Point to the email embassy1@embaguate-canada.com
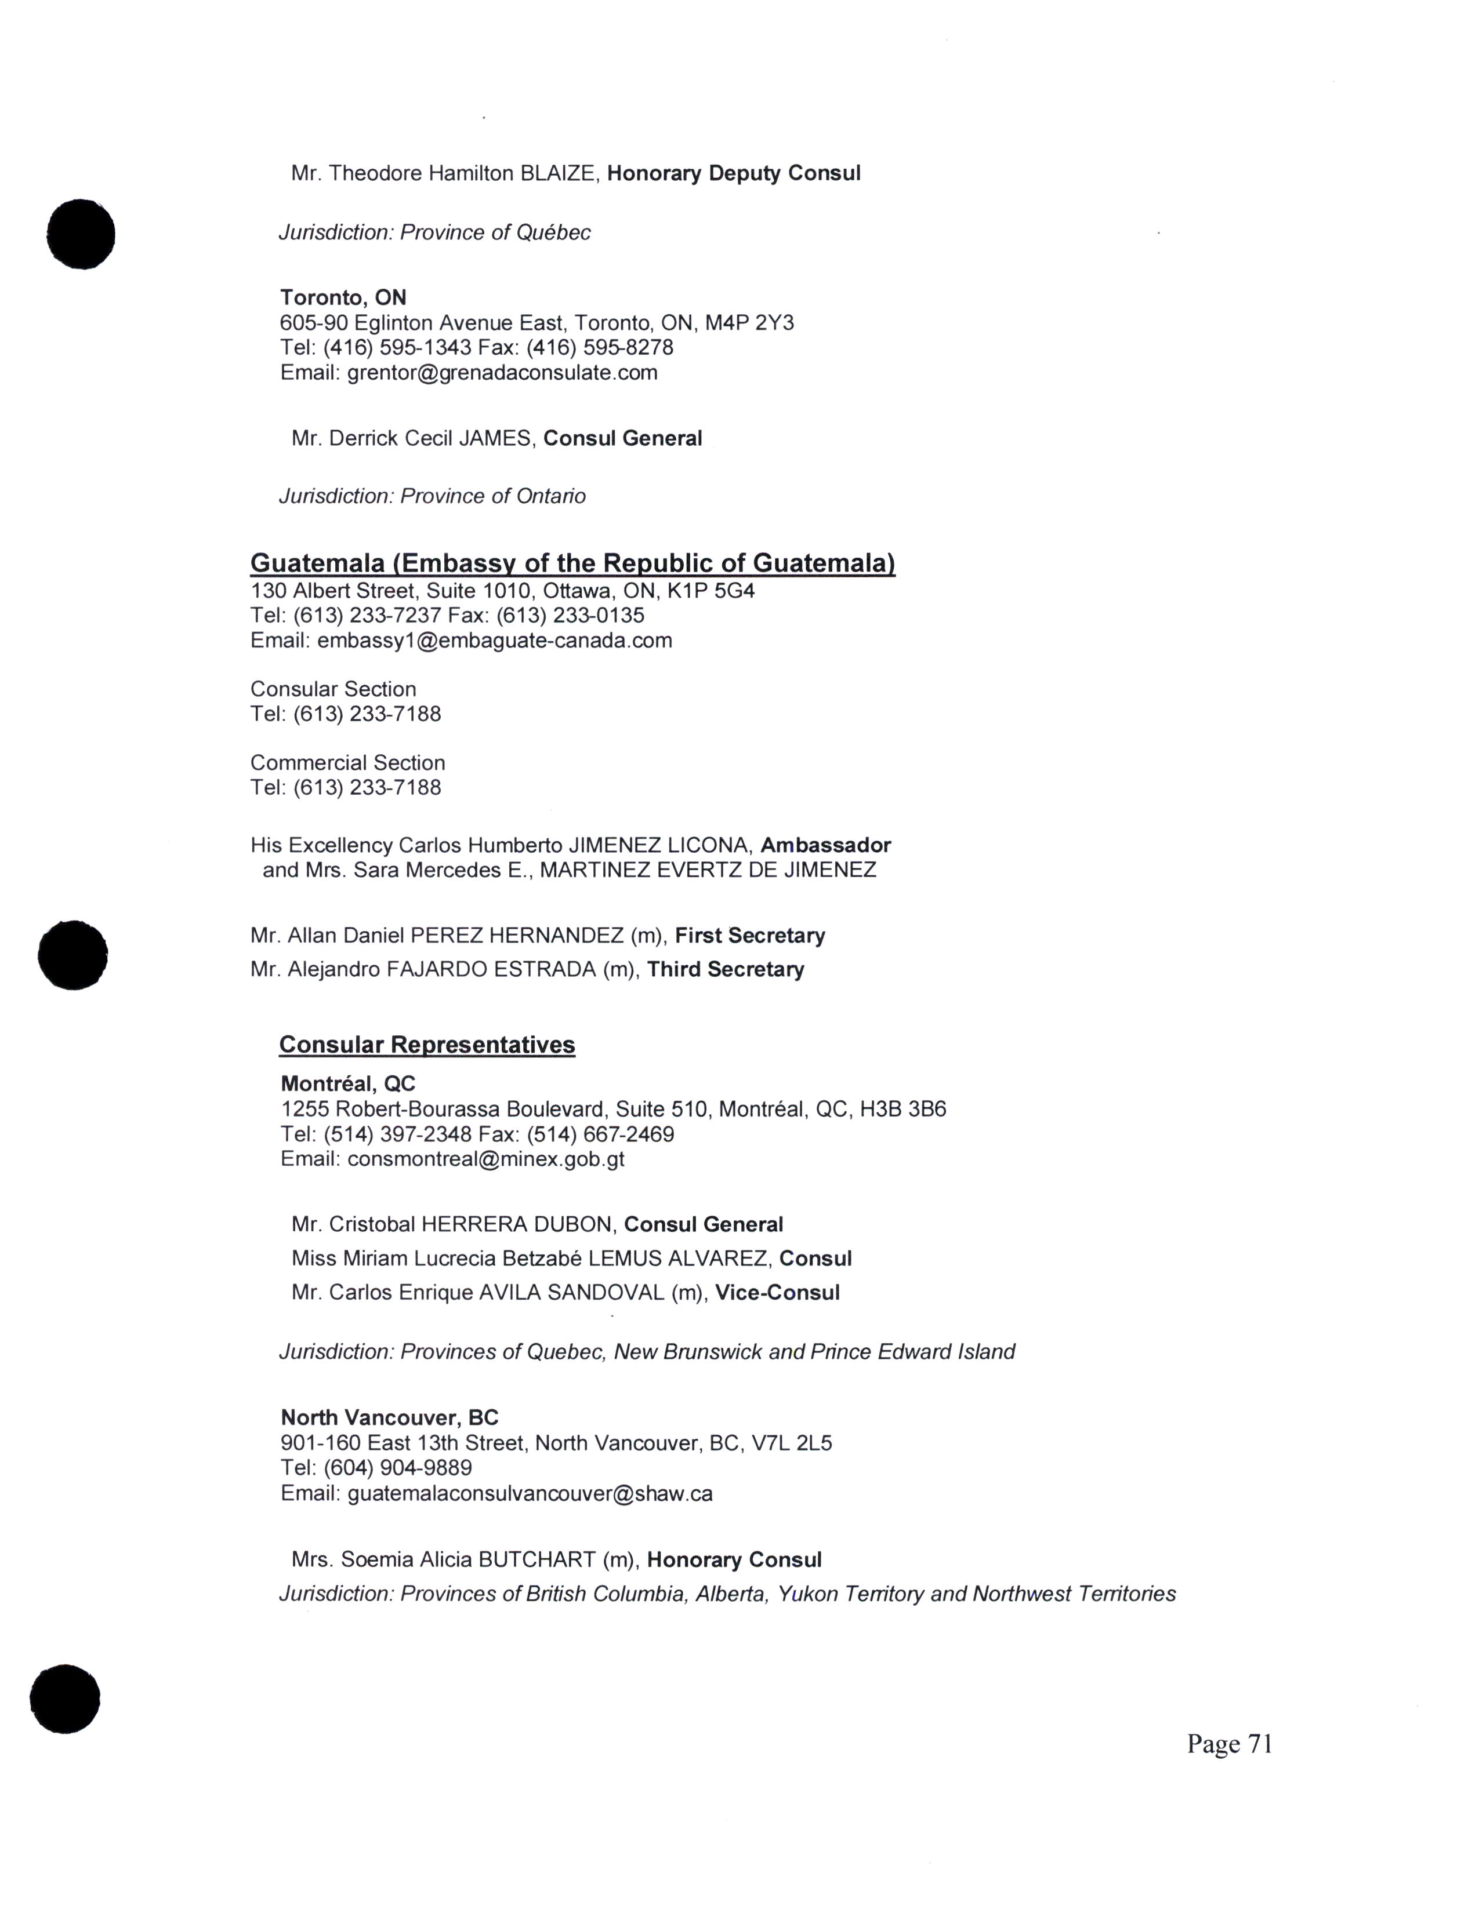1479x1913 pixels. pyautogui.click(x=494, y=641)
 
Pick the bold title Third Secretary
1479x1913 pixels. pyautogui.click(x=726, y=970)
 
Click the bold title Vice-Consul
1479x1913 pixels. pyautogui.click(x=777, y=1293)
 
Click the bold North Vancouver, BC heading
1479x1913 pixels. pyautogui.click(x=389, y=1417)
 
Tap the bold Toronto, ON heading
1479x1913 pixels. pyautogui.click(x=343, y=298)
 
